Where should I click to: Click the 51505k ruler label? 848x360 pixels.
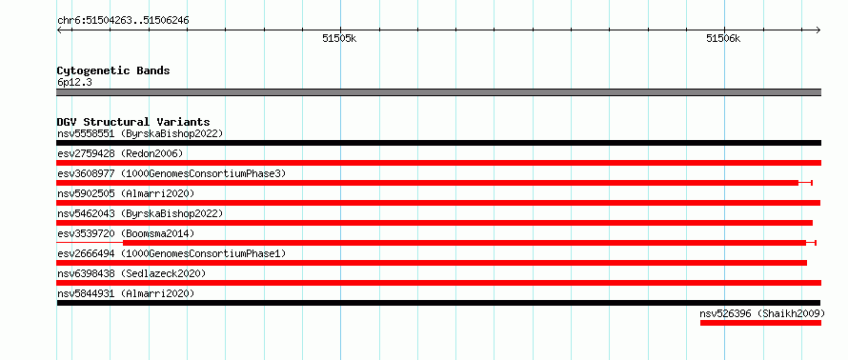click(339, 39)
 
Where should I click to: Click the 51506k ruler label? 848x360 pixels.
click(723, 39)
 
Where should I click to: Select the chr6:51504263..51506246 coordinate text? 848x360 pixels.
click(123, 21)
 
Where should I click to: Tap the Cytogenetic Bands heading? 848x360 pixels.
click(113, 70)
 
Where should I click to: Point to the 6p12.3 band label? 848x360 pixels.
click(74, 83)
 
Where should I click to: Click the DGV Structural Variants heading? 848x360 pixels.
click(133, 122)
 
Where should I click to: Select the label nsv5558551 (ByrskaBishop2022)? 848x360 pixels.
click(140, 133)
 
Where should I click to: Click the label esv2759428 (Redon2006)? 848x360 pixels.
click(120, 153)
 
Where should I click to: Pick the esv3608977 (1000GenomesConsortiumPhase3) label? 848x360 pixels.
click(172, 173)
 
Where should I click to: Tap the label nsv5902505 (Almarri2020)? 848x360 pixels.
click(126, 193)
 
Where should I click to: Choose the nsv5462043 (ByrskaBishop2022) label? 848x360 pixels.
click(140, 213)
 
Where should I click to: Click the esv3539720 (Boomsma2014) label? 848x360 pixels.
click(126, 233)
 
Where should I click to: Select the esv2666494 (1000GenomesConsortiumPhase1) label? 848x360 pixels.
click(172, 253)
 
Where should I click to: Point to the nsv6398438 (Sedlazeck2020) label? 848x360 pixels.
click(131, 273)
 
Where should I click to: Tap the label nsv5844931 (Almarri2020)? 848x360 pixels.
click(126, 293)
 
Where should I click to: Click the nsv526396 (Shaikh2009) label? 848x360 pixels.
click(762, 313)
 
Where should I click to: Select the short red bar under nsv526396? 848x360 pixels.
click(760, 323)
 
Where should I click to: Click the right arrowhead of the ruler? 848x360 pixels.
click(818, 30)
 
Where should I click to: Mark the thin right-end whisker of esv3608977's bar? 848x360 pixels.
click(805, 183)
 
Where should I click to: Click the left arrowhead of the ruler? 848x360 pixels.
click(59, 30)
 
